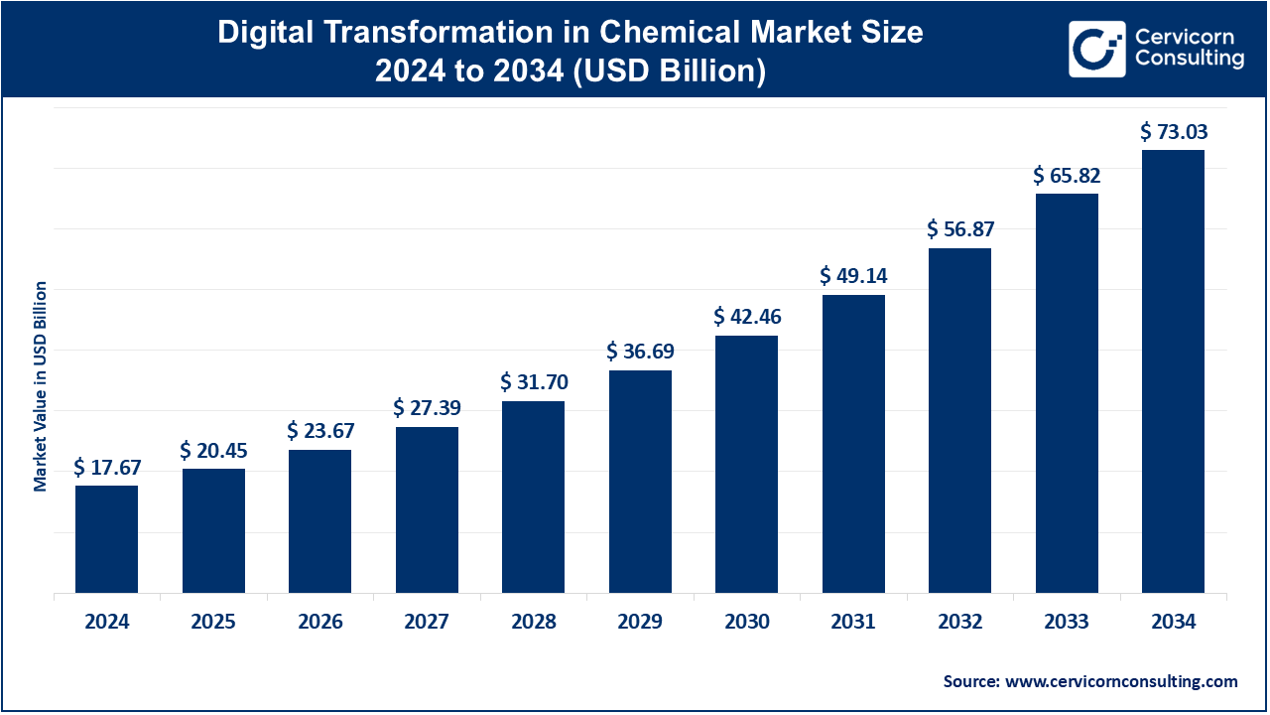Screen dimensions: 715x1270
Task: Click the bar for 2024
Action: pos(106,539)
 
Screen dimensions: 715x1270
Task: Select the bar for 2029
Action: pos(640,482)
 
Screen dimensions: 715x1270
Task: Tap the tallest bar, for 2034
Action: pos(1173,371)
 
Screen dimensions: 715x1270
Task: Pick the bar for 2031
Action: pos(853,444)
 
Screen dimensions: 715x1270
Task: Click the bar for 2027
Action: pos(427,509)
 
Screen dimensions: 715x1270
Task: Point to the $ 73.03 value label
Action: pos(1174,132)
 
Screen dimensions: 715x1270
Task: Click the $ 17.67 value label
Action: pos(106,468)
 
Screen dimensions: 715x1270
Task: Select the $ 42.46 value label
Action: pos(747,318)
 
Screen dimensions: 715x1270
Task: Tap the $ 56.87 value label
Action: pos(960,229)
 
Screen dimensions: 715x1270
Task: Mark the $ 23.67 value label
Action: pos(320,431)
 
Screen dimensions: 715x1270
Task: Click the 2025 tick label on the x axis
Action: pos(213,623)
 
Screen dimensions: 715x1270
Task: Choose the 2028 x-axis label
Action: pos(534,623)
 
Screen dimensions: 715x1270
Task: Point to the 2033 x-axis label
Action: pos(1067,623)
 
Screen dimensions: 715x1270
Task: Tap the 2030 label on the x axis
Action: pos(747,623)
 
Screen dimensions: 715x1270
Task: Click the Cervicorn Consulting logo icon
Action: pos(1096,49)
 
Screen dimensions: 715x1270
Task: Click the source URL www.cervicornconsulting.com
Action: pos(1121,681)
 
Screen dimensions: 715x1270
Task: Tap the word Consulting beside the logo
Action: pos(1190,60)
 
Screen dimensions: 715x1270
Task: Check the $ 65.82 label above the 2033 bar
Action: pos(1067,176)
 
